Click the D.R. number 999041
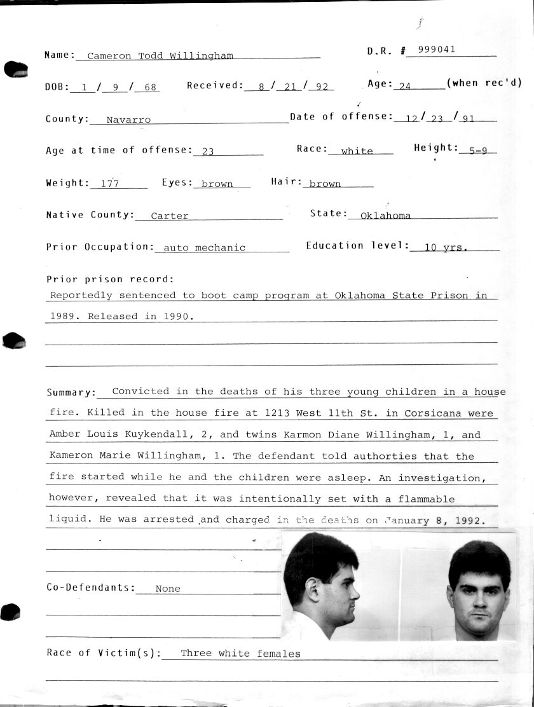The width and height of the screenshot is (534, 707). tap(436, 50)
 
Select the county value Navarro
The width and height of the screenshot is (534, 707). tap(128, 120)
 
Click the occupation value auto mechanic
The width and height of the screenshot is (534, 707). tap(204, 248)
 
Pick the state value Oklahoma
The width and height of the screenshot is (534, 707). tap(385, 216)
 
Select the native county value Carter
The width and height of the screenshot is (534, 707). tap(170, 216)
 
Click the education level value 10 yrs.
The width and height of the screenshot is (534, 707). tap(446, 248)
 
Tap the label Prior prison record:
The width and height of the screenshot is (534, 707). tap(110, 279)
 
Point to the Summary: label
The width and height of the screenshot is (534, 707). tap(71, 393)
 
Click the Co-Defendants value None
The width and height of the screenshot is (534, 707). tap(168, 589)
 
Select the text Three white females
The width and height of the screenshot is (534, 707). tap(240, 653)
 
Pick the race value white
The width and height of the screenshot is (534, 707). tap(357, 151)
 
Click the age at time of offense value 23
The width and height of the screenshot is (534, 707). tap(207, 151)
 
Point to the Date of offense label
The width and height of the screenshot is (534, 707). tap(339, 116)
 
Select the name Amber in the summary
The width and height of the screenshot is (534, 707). tap(64, 435)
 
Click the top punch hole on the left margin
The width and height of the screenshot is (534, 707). tap(16, 69)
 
